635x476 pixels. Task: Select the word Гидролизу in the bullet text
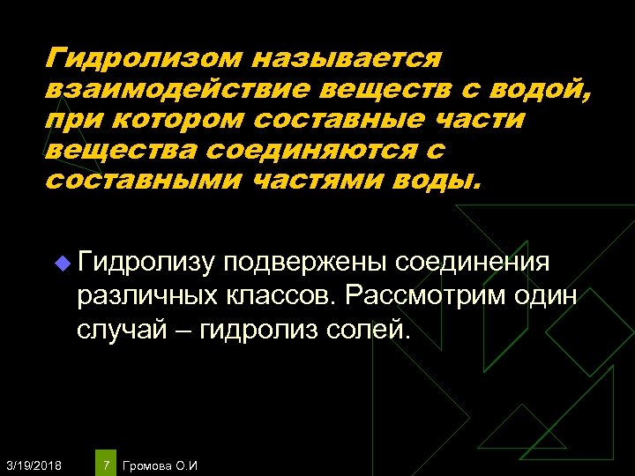coord(146,263)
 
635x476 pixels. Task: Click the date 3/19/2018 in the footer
coord(33,465)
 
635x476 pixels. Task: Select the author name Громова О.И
coord(161,465)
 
